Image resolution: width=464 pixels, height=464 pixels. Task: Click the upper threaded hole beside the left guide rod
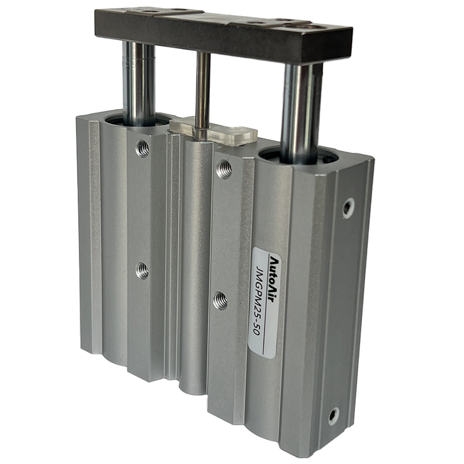point(142,148)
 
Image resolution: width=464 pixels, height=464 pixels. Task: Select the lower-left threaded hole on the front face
point(143,270)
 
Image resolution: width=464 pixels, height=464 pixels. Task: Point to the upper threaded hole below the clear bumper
point(224,169)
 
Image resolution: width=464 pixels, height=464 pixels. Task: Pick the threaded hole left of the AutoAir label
point(221,300)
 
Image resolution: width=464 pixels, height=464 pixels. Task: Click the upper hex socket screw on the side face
point(349,208)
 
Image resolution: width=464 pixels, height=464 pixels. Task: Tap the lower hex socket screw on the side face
point(334,416)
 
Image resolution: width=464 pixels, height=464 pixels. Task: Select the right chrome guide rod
point(301,113)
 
